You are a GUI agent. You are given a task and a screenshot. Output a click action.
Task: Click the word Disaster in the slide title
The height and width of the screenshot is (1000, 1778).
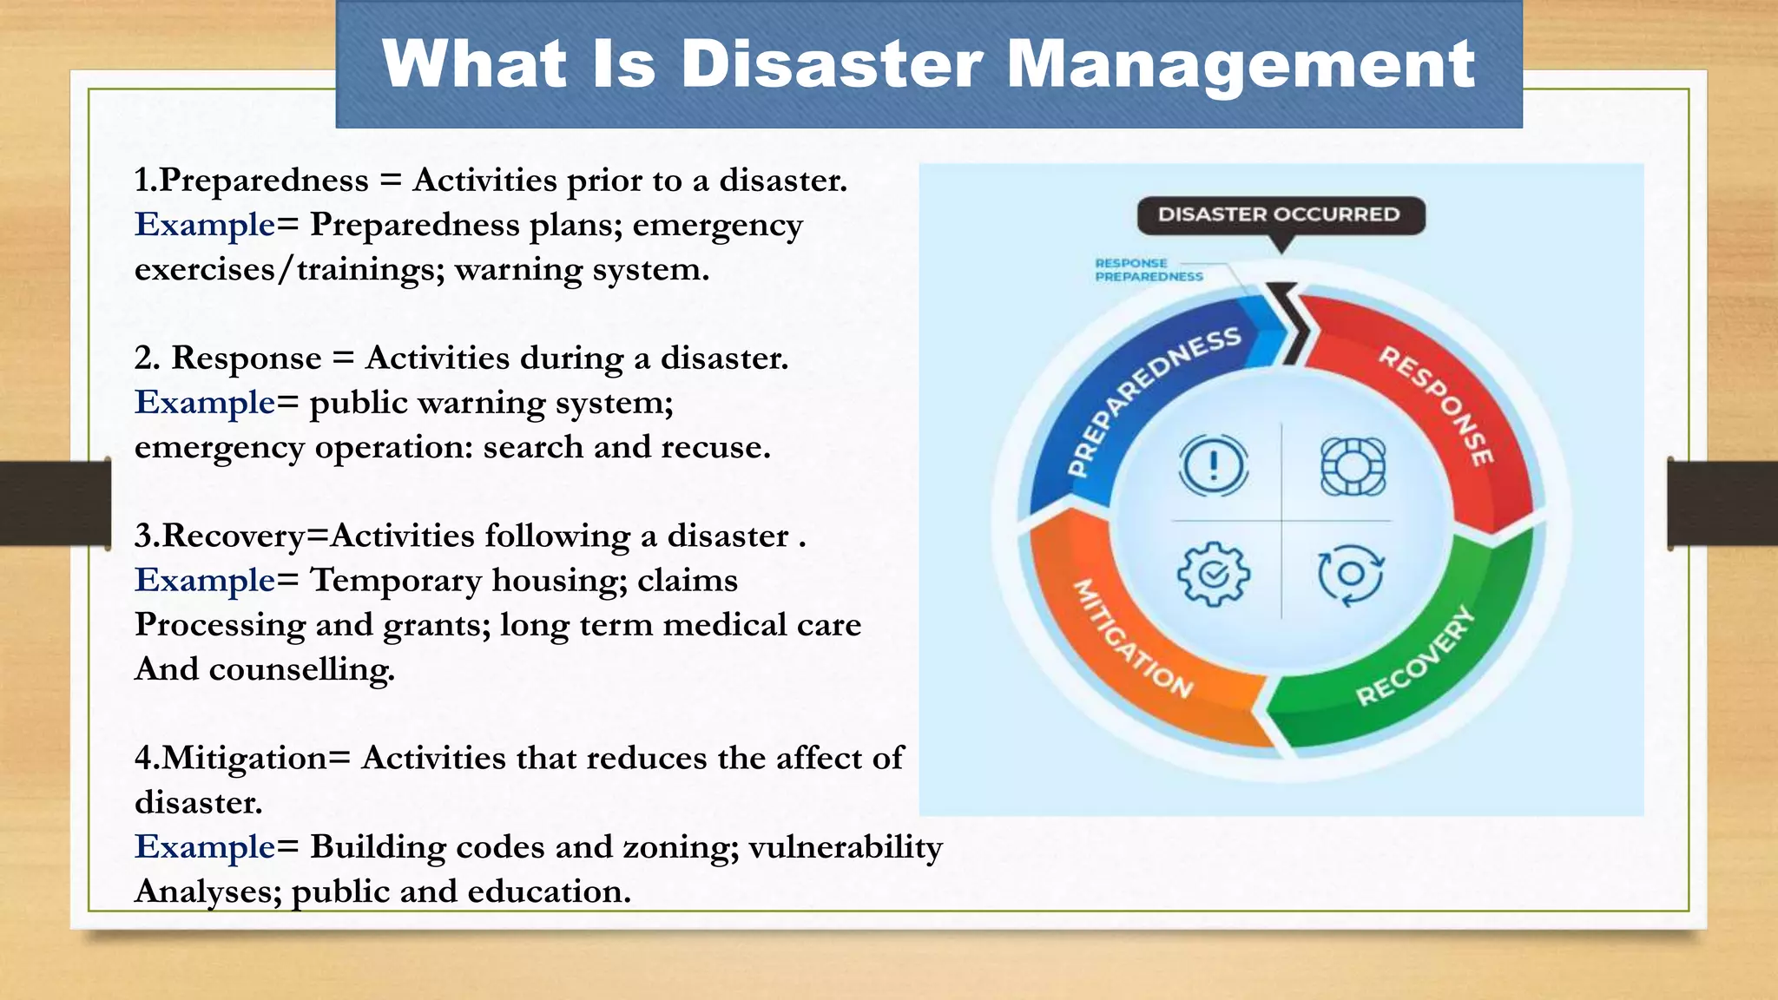point(832,64)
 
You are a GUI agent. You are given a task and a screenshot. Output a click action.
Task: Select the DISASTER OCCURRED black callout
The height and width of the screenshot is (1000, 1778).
point(1279,215)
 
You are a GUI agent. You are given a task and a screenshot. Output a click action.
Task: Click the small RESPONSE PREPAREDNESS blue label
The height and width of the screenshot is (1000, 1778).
point(1148,269)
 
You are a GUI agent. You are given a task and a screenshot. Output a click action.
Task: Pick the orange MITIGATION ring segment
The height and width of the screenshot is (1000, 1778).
point(1129,642)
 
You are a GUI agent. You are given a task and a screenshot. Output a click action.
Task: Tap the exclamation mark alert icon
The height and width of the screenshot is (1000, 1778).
point(1214,465)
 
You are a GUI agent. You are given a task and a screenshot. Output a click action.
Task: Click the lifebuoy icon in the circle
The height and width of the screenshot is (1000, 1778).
point(1353,466)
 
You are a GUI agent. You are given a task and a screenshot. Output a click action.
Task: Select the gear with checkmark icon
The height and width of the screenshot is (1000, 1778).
point(1213,574)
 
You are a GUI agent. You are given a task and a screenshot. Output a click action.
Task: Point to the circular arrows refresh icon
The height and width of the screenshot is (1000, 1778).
point(1351,574)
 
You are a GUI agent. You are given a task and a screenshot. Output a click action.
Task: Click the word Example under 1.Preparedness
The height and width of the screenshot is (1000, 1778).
point(205,225)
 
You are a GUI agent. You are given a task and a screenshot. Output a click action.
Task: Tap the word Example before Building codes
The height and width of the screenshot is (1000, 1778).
point(205,846)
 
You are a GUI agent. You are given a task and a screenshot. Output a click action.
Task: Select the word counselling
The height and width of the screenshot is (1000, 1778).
point(301,669)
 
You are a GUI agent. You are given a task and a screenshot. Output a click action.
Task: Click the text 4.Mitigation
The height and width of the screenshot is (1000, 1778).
point(231,758)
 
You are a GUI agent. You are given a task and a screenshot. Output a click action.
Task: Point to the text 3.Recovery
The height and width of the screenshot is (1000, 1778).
point(220,536)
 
